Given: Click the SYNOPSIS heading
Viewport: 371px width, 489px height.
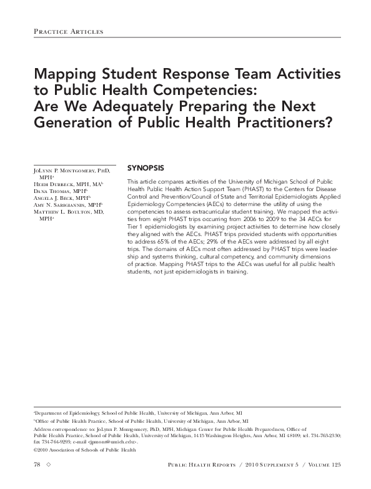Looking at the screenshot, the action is pos(146,169).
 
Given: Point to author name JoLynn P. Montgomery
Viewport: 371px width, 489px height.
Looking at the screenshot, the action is pos(69,170).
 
